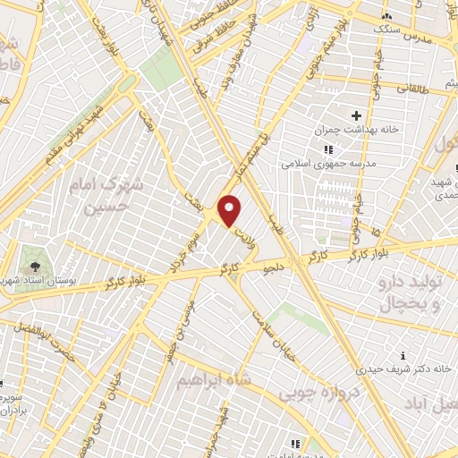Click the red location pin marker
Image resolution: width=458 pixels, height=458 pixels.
pos(230,211)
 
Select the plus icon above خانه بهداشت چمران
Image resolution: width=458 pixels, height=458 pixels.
pos(356,115)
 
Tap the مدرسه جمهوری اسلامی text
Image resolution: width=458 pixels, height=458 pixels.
pos(355,165)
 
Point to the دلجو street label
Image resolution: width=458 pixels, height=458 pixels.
pos(271,266)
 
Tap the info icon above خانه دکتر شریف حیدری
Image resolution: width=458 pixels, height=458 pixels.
pos(403,354)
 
